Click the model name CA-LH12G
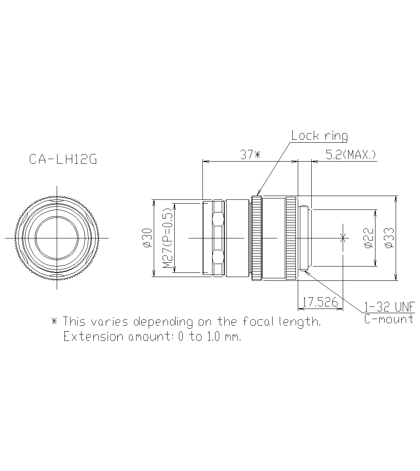63,160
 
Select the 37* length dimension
250,155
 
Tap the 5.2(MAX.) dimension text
351,155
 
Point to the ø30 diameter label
147,238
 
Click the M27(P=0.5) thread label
168,238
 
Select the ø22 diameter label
368,238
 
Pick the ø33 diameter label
389,238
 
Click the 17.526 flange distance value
320,303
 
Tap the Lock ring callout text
320,136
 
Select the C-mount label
389,319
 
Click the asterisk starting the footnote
54,322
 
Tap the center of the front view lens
57,238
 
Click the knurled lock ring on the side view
257,238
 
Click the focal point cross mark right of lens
343,238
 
